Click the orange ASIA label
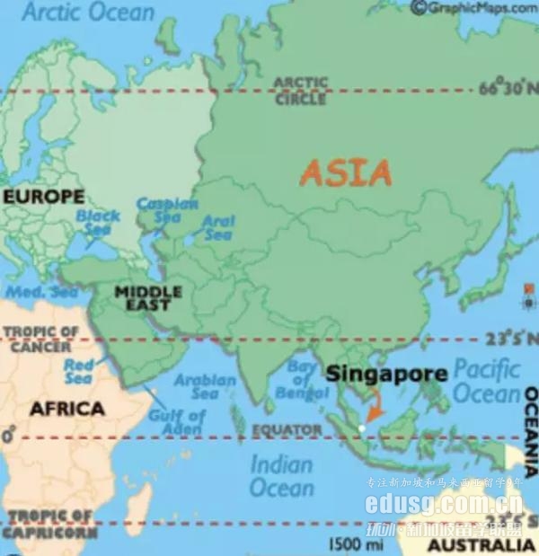346,172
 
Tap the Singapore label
386,374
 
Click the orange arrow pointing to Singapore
376,411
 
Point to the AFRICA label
67,409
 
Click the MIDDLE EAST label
148,298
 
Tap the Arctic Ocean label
88,13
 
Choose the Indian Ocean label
282,476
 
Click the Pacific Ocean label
486,381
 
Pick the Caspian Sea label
168,211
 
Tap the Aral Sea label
218,228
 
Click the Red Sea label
78,372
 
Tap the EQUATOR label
286,430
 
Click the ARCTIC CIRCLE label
300,91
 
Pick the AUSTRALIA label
481,545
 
